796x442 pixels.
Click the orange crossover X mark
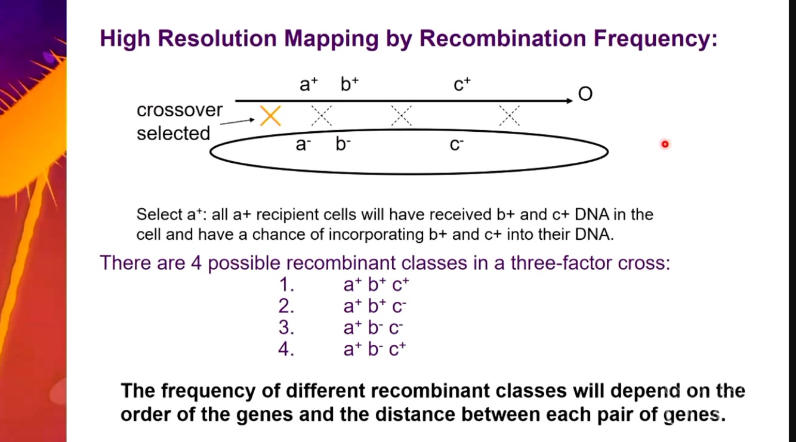[270, 116]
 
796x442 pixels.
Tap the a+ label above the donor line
[308, 85]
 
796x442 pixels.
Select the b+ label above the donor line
[350, 85]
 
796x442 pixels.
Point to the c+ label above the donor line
[462, 85]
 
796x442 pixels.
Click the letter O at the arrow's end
[585, 94]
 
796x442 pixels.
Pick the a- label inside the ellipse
[304, 144]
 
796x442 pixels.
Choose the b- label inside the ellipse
[343, 144]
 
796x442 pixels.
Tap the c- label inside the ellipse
[457, 144]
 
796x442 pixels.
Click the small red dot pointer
[665, 144]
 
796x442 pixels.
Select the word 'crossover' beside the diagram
[180, 110]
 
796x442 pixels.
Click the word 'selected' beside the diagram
[173, 133]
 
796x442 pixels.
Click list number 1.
[286, 285]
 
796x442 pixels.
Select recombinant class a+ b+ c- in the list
[375, 307]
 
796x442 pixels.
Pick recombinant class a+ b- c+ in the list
[375, 350]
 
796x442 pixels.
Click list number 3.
[286, 328]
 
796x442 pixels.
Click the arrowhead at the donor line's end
[569, 101]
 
